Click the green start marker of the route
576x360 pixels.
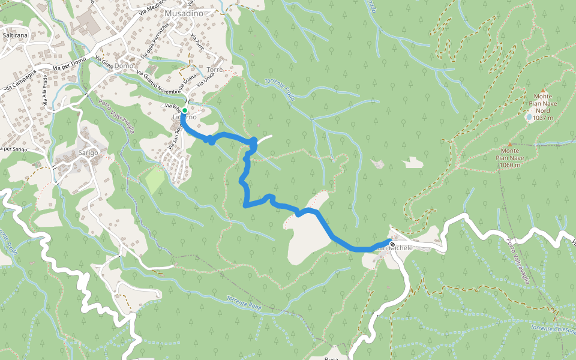[x=185, y=111]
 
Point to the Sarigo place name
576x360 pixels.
[x=88, y=153]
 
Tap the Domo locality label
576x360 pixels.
[x=124, y=65]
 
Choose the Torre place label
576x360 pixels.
[x=215, y=70]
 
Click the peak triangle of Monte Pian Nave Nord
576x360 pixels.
[x=543, y=90]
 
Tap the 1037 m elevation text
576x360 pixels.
[x=542, y=118]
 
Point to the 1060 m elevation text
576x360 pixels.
[x=509, y=165]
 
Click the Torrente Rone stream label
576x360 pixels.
[x=245, y=301]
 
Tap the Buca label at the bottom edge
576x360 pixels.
[x=332, y=356]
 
